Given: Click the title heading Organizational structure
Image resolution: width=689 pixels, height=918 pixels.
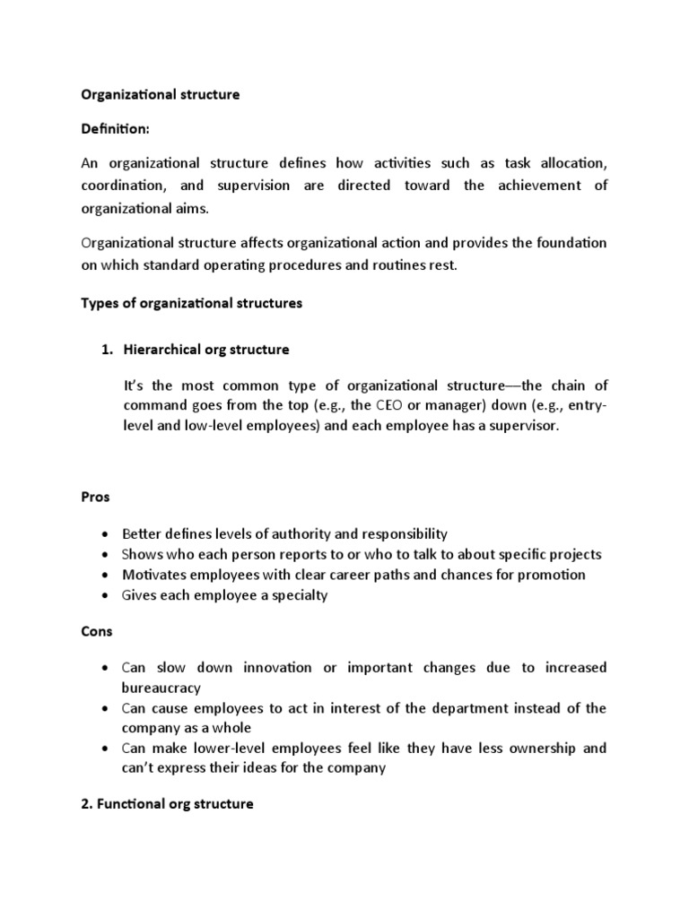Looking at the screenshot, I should coord(161,94).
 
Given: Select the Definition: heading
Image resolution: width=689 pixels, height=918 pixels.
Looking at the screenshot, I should coord(116,130).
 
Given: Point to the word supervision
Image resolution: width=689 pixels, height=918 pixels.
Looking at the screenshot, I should coord(257,186).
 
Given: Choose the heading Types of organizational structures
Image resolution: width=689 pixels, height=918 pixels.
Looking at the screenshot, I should coord(192,303).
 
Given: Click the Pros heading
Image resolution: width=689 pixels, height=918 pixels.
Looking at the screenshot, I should coord(95,496).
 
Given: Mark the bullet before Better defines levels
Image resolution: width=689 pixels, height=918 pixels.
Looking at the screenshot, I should coord(108,534).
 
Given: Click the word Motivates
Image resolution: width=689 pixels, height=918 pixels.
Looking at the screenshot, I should coord(153,575).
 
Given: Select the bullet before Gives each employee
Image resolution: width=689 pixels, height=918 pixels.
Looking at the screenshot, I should coord(108,596).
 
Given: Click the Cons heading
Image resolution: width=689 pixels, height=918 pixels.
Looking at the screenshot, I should coord(97,631).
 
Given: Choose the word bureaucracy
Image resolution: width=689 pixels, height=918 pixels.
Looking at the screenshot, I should coord(161,688).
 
